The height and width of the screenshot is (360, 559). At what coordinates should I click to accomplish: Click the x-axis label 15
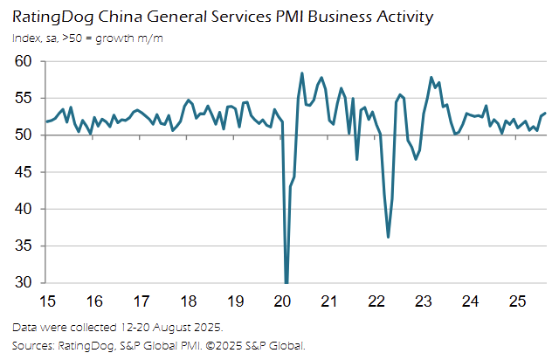49,301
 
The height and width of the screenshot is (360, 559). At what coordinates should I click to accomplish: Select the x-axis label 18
189,301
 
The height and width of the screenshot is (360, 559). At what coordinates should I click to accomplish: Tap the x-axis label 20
282,301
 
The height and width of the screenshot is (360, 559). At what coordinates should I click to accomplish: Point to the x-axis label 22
376,301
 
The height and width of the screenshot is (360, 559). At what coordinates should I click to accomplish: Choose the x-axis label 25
516,301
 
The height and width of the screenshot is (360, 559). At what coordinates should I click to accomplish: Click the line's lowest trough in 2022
388,237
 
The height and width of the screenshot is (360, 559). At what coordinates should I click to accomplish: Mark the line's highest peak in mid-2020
302,73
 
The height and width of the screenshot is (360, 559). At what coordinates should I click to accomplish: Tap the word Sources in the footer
34,346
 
